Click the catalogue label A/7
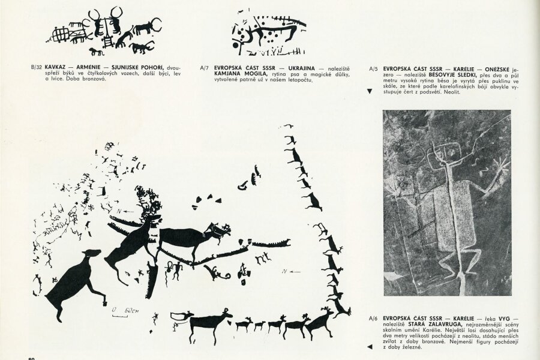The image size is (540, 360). click(204, 68)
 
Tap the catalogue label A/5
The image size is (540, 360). click(373, 68)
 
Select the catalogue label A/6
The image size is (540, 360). click(373, 319)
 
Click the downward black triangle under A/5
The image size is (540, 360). click(370, 91)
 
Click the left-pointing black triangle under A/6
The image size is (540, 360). click(370, 347)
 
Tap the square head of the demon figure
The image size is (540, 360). click(444, 153)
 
